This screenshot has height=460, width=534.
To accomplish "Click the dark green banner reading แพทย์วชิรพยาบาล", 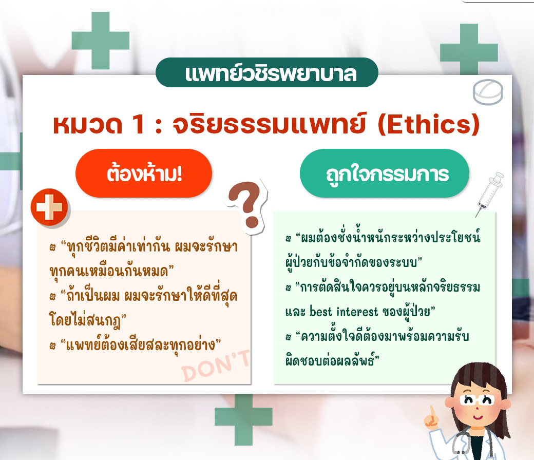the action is point(267,72).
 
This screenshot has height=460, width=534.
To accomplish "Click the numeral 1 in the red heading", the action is point(139,124).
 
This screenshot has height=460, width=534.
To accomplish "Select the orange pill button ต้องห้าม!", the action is point(144,174).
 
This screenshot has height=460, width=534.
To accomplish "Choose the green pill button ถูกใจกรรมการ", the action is point(385,174).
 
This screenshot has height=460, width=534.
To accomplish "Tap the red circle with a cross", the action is point(50,207).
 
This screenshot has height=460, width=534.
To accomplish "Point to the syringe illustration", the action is point(489,193).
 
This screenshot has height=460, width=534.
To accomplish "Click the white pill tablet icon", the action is point(488,91).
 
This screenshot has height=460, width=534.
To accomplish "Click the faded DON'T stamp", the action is point(216,366).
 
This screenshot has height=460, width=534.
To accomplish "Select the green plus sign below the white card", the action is point(243,419).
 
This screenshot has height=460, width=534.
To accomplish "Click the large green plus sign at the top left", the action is point(101,41).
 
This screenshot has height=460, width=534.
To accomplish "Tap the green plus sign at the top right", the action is point(469,50).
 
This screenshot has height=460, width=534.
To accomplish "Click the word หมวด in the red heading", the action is point(87,125).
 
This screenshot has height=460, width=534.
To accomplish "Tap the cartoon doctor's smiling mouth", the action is point(478,417).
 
